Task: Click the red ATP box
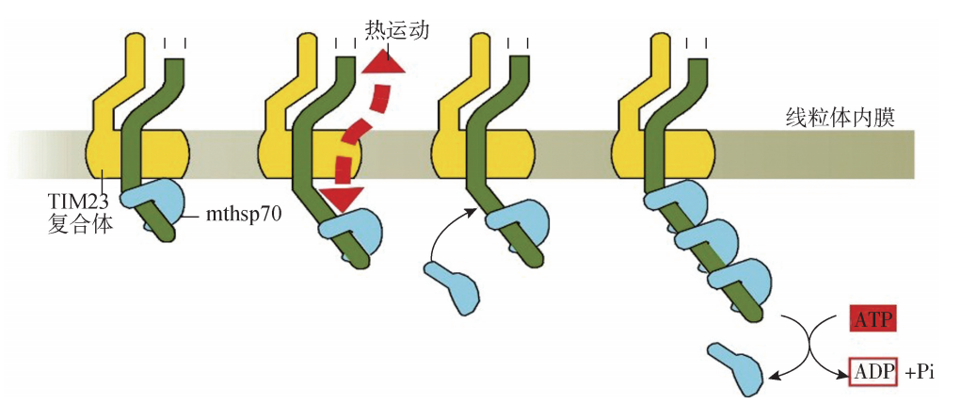(871, 319)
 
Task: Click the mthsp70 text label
(241, 216)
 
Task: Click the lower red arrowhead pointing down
(341, 198)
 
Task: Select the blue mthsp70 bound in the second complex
(349, 229)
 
